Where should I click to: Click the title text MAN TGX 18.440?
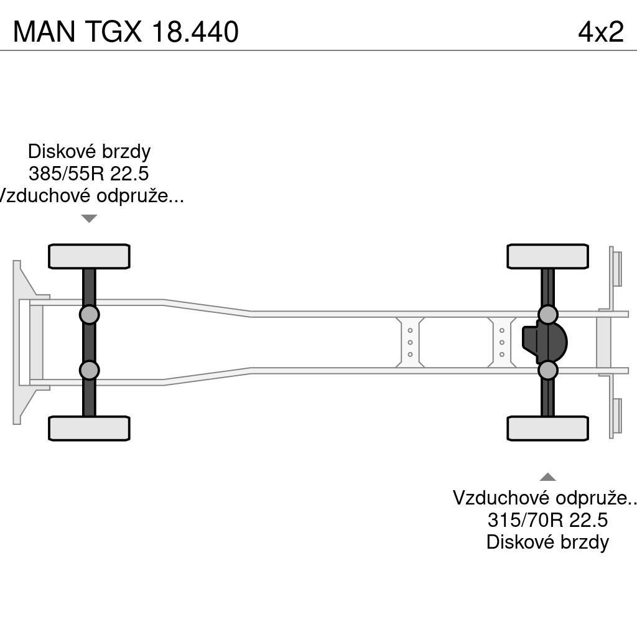click(126, 32)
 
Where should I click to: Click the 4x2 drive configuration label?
click(600, 32)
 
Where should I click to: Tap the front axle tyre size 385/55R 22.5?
click(88, 174)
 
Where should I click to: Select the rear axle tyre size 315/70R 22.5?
click(547, 519)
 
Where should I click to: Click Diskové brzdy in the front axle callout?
click(89, 151)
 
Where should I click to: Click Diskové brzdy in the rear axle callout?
click(547, 542)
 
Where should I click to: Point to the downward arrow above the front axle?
click(89, 218)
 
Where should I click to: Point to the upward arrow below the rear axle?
click(547, 477)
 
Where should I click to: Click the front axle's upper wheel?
click(89, 256)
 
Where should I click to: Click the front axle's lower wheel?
click(89, 429)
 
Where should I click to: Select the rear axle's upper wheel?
click(547, 256)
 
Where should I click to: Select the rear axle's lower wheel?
click(547, 429)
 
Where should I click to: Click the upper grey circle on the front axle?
click(89, 315)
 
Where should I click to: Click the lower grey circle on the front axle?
click(89, 370)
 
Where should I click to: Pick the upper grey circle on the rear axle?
click(547, 315)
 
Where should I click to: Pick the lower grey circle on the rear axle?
click(547, 370)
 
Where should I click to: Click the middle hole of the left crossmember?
click(410, 342)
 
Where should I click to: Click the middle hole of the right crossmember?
click(501, 342)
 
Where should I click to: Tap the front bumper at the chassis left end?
click(19, 342)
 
